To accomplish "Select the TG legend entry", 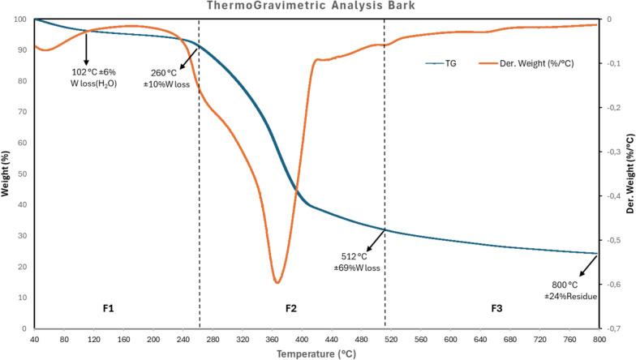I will click(440, 62).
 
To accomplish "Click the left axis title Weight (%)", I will click(6, 174).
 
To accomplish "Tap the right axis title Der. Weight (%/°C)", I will click(630, 174).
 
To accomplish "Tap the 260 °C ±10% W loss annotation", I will click(162, 77).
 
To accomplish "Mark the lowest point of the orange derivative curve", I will click(277, 282).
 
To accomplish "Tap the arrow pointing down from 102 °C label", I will click(86, 50).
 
